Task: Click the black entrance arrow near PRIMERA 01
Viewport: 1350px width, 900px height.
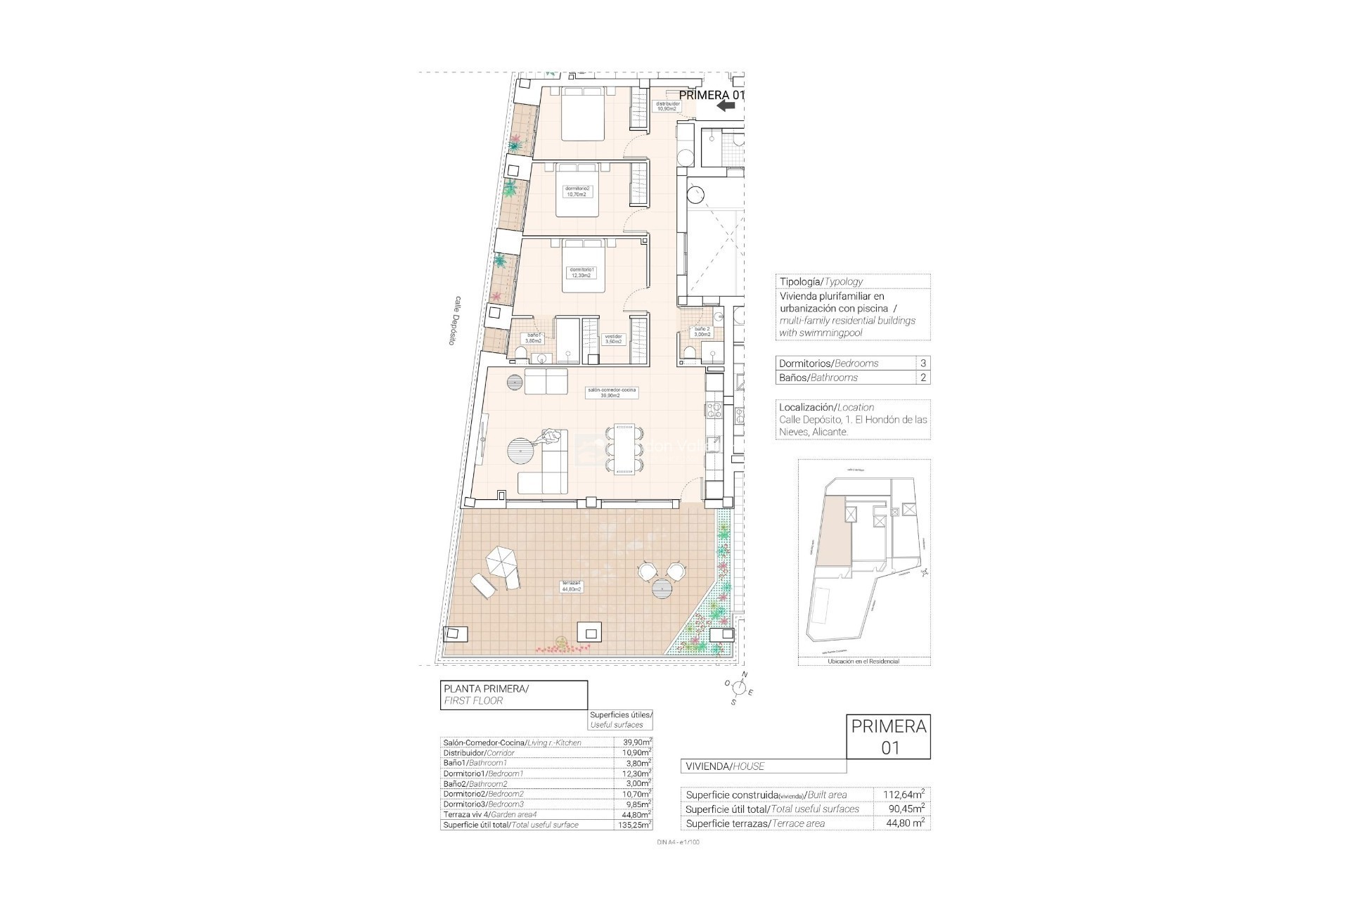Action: (726, 105)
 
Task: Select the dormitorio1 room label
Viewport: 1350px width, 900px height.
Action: (581, 272)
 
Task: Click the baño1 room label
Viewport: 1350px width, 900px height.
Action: (533, 337)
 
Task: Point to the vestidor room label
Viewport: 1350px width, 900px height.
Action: (614, 339)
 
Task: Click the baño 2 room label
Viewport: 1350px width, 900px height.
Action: (702, 332)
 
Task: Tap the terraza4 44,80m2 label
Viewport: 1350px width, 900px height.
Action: (570, 586)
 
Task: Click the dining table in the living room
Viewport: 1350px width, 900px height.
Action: (624, 448)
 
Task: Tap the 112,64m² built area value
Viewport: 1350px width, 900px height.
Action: (904, 795)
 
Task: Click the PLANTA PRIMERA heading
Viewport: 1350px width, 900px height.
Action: (485, 688)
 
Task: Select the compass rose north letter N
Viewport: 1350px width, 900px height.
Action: (745, 674)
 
